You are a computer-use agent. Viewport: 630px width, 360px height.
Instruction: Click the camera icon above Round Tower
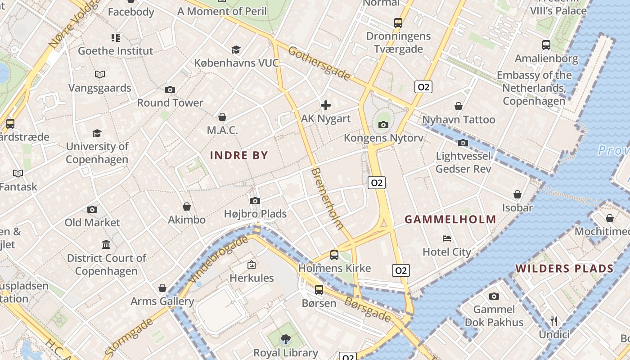point(170,90)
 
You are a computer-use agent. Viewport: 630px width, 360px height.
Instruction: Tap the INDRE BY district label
point(239,156)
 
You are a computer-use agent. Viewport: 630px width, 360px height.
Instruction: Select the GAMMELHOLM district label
point(450,220)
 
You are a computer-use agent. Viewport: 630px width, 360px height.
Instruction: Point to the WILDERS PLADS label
point(564,269)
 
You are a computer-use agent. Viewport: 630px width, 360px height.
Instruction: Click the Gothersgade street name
point(319,63)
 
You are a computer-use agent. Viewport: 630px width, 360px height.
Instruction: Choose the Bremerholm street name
point(327,198)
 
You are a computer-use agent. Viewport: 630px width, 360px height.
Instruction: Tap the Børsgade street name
point(368,309)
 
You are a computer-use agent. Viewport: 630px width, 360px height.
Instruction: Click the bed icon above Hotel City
point(447,238)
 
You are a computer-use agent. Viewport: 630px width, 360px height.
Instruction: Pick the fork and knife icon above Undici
point(554,321)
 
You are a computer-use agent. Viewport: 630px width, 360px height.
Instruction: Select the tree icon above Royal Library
point(285,339)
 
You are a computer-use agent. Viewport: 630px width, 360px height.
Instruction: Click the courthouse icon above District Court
point(106,244)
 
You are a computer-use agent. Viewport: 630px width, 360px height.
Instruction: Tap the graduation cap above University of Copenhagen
point(97,133)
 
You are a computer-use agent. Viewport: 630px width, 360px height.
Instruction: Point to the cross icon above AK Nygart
point(326,105)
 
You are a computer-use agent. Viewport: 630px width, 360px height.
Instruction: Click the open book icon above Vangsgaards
point(100,74)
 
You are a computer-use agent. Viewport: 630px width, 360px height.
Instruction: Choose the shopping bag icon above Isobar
point(517,194)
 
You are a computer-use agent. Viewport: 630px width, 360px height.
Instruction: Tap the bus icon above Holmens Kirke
point(334,255)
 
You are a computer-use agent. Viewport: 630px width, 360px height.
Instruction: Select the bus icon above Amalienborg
point(546,45)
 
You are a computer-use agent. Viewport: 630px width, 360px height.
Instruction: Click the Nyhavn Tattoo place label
point(459,120)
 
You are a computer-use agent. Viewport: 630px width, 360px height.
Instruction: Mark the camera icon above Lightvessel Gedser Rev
point(463,143)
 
